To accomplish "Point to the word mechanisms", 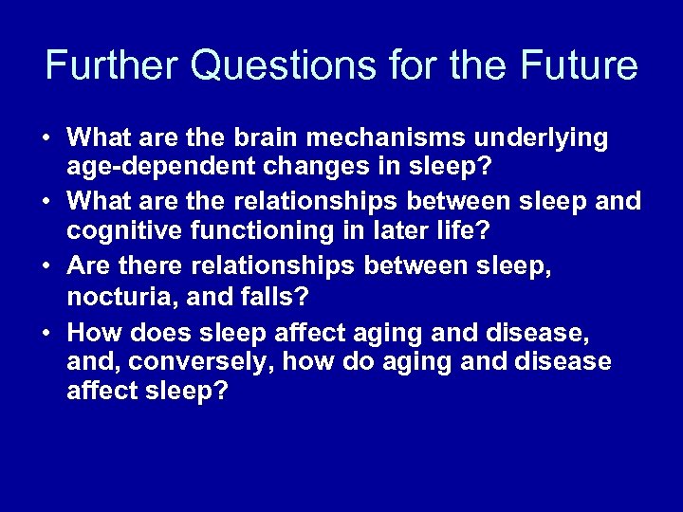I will tap(411, 138).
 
